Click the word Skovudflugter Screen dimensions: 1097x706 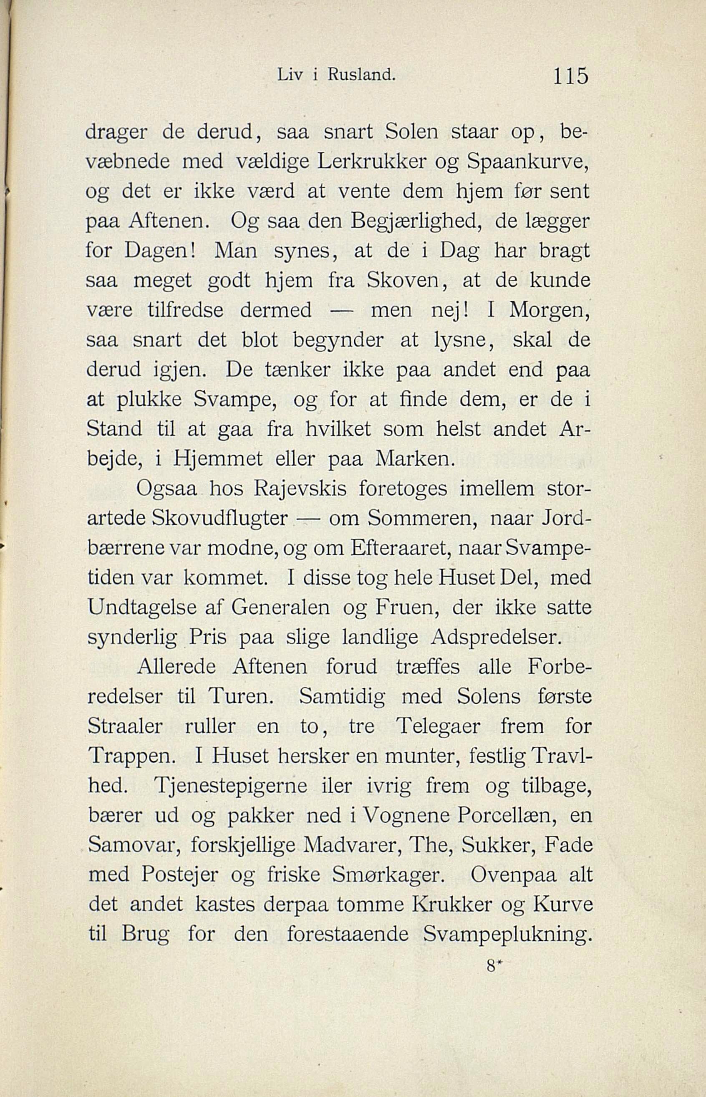coord(219,519)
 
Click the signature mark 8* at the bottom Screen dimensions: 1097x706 coord(492,966)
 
